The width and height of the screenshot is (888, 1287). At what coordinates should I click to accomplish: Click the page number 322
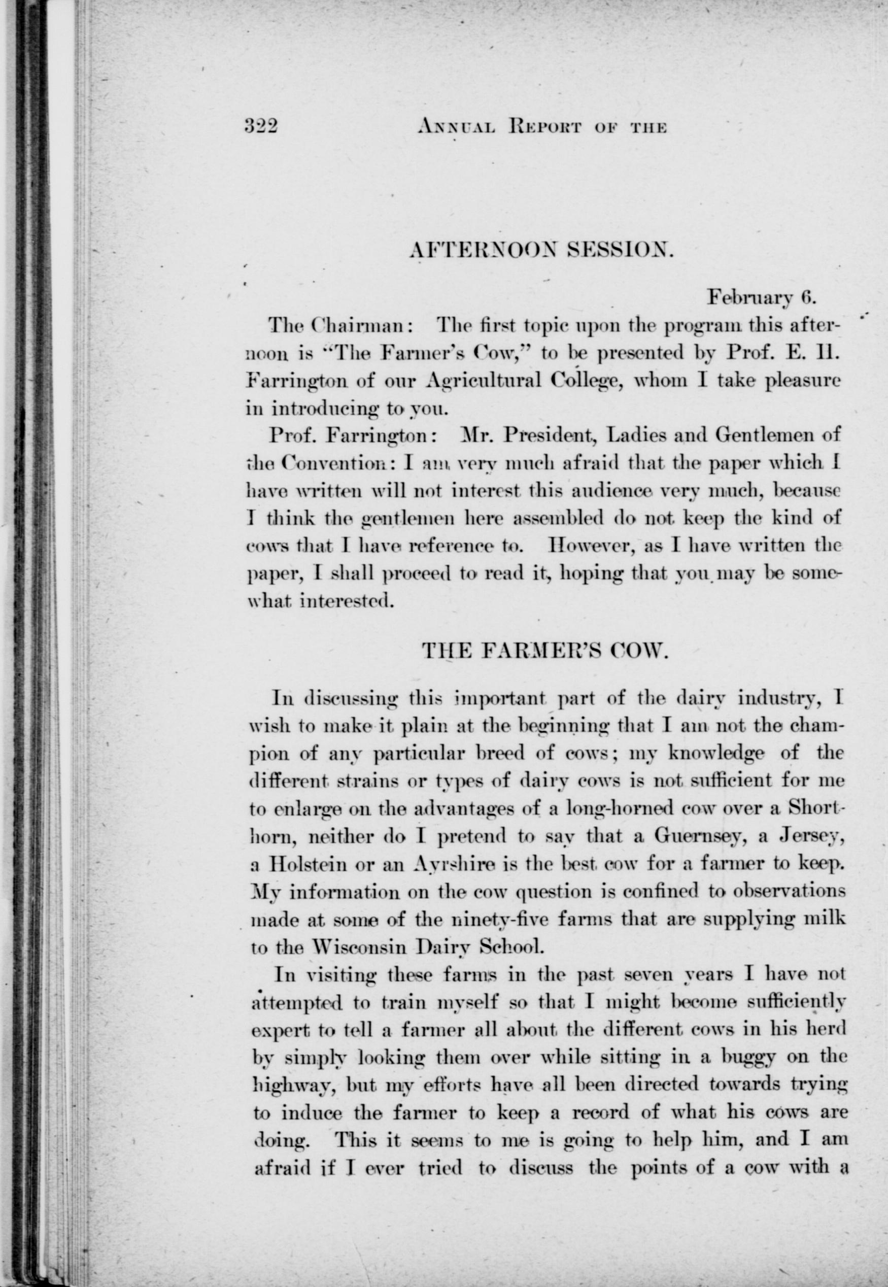tap(261, 127)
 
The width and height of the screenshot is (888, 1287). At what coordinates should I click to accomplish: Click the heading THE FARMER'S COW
tap(544, 650)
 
